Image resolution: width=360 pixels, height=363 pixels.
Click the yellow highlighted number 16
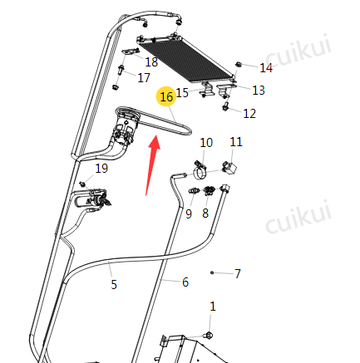coord(166,96)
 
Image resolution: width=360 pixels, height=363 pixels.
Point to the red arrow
coord(153,164)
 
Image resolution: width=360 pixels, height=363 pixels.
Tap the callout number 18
coord(151,61)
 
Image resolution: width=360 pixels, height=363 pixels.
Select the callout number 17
coord(144,77)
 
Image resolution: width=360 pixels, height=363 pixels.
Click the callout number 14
coord(266,68)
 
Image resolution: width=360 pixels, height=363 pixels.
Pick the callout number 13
coord(259,91)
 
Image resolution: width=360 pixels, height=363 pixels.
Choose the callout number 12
coord(249,113)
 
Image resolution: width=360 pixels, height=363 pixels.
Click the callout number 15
coord(182,92)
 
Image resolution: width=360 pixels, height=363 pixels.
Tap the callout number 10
coord(206,143)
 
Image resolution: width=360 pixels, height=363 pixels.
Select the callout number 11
coord(236,142)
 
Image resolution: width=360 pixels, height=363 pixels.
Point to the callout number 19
coord(101,168)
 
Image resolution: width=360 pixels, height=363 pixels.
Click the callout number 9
coord(189,213)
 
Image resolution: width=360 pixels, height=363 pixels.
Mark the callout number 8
coord(205,213)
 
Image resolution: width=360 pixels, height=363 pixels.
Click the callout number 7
coord(238,273)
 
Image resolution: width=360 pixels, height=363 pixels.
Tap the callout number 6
coord(185,282)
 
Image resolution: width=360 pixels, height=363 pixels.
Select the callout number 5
coord(114,284)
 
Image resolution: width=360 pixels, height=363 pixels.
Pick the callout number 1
coord(213,307)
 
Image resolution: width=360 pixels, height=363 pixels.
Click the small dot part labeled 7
coord(212,272)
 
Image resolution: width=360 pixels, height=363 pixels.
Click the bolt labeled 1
coord(209,336)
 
